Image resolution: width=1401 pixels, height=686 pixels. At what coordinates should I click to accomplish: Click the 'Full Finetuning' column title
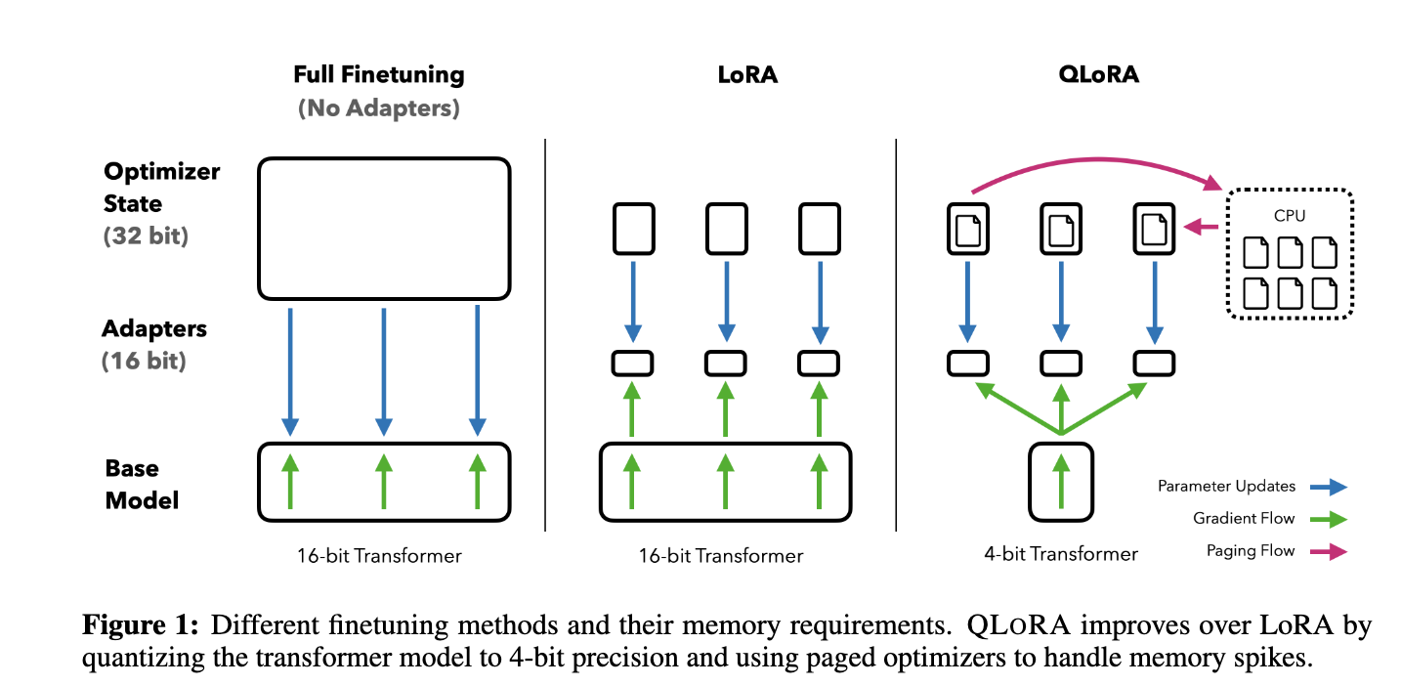click(379, 74)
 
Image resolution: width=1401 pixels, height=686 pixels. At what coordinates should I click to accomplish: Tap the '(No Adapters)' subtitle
click(379, 107)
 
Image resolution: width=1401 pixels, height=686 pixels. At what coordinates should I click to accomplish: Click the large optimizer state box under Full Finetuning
click(384, 228)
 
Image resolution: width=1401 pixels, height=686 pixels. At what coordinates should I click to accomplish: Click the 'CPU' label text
click(1290, 215)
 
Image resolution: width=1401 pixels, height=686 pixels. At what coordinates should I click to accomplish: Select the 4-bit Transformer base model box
click(1060, 481)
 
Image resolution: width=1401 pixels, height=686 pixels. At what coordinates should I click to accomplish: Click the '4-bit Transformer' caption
click(1061, 554)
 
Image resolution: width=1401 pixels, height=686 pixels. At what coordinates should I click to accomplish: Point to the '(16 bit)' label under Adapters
click(144, 361)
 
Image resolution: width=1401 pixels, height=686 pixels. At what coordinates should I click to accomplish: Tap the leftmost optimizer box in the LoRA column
click(632, 229)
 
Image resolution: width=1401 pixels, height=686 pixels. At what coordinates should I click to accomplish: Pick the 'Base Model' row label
click(143, 485)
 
